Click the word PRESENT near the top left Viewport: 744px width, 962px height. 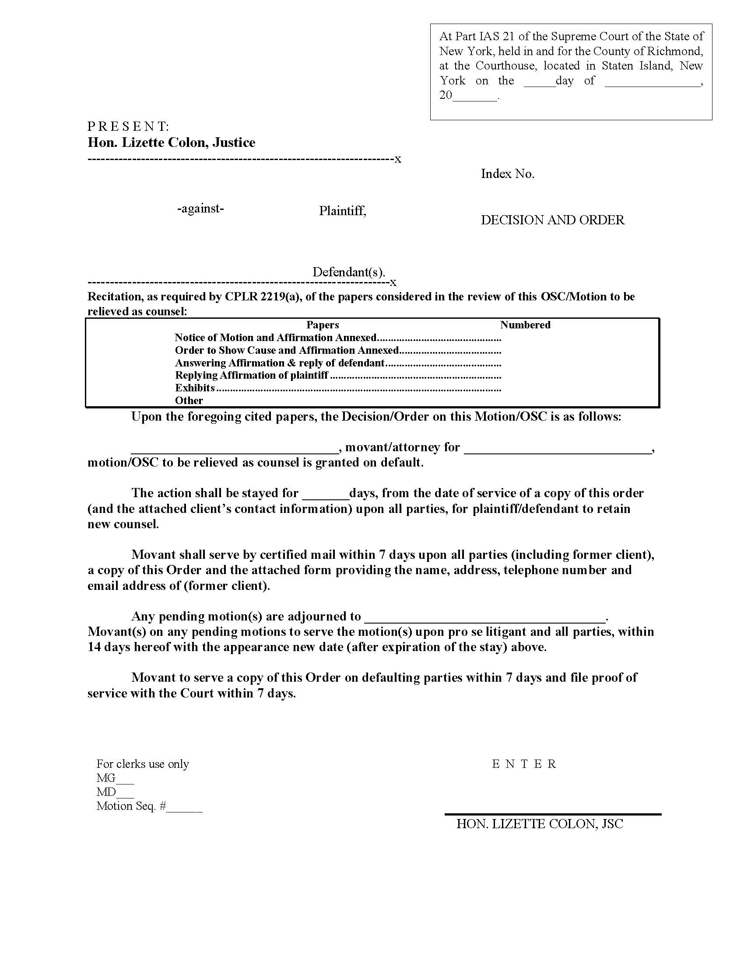click(128, 126)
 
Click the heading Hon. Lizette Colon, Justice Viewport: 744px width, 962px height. click(171, 143)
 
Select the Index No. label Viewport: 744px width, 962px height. click(507, 174)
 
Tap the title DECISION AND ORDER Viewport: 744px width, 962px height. click(552, 220)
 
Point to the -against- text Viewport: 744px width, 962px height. click(200, 208)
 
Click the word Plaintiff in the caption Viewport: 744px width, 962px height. click(342, 211)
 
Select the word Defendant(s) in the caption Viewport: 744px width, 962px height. click(349, 272)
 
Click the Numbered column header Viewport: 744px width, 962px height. click(525, 325)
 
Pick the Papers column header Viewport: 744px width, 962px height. click(323, 325)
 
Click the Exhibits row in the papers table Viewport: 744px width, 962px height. click(195, 388)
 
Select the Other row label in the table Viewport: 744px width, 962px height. click(189, 401)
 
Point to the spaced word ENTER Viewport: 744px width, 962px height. click(524, 764)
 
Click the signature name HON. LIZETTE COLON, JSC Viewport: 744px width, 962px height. click(540, 824)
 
